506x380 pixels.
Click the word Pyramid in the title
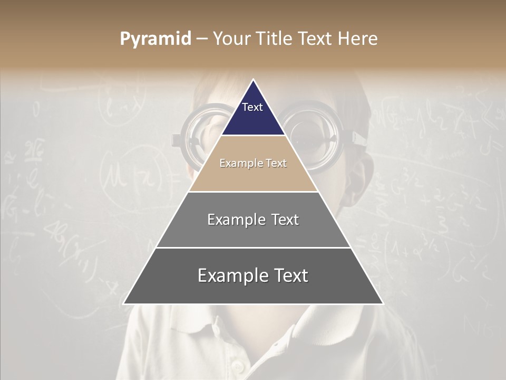coord(155,39)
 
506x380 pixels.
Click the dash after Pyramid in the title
coord(201,39)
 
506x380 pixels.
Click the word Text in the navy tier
coord(252,107)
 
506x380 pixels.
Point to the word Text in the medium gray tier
coord(284,220)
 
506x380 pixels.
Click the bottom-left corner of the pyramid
coord(124,303)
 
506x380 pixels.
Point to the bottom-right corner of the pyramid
coord(383,303)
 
